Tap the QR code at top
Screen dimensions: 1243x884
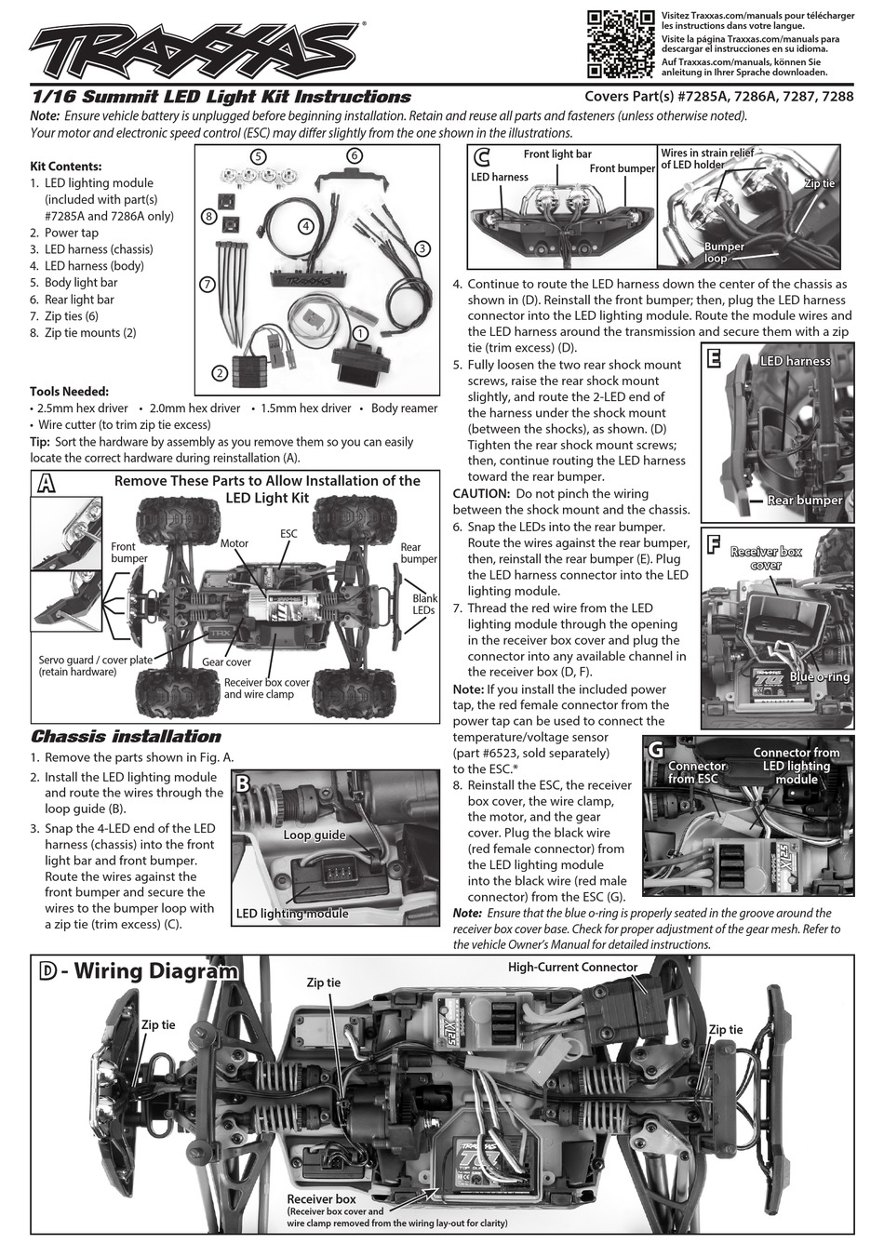(x=622, y=44)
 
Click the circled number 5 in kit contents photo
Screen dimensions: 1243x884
(x=259, y=155)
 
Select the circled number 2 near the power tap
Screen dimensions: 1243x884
(x=220, y=373)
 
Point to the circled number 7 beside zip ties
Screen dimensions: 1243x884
(x=208, y=283)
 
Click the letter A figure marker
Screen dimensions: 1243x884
(x=44, y=484)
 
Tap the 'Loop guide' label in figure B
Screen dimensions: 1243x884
(x=315, y=835)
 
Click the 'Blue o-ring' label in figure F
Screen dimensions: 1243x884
(x=820, y=676)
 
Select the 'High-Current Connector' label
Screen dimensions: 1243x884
(x=572, y=967)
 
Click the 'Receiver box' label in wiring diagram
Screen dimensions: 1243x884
(x=321, y=1199)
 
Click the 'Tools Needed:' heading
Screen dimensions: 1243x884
(x=69, y=391)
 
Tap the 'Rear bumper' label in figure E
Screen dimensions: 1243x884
(x=805, y=500)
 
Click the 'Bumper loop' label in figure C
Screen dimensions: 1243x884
(x=724, y=252)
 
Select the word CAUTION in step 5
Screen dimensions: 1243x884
(x=480, y=493)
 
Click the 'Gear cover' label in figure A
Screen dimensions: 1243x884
(x=226, y=662)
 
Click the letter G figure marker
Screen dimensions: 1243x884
(x=655, y=750)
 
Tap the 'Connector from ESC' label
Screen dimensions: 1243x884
(x=696, y=771)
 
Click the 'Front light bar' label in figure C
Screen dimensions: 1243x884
(x=557, y=154)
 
